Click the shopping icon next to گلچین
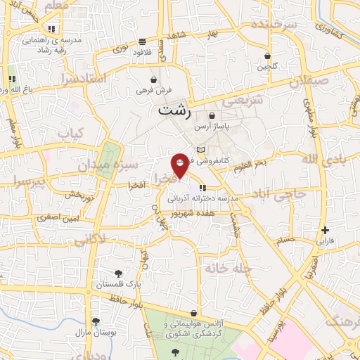click(x=267, y=56)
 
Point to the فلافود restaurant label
click(x=143, y=52)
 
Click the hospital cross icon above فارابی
click(x=324, y=230)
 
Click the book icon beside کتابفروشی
click(x=202, y=150)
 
